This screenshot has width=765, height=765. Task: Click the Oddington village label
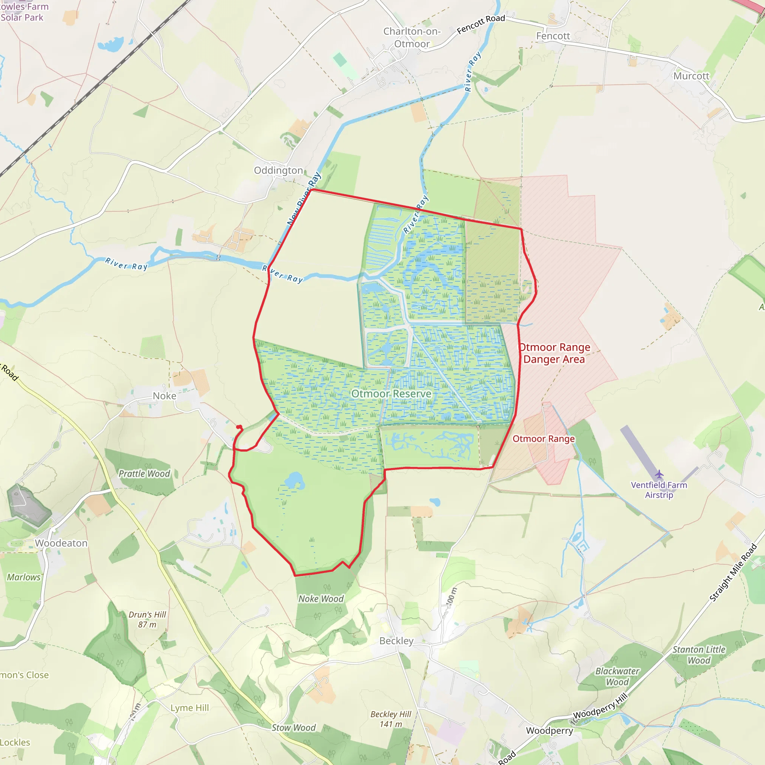[x=278, y=170]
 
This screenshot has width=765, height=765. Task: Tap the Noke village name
[x=164, y=396]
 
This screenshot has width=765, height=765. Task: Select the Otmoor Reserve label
[x=391, y=394]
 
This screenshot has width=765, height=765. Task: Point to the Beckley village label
[x=396, y=641]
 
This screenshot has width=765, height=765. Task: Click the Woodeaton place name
[x=61, y=543]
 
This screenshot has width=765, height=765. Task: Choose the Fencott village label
[x=553, y=36]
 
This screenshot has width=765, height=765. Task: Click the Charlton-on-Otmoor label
[x=412, y=38]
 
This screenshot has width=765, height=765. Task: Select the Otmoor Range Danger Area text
[x=554, y=353]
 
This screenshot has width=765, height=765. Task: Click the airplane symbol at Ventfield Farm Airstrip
[x=659, y=474]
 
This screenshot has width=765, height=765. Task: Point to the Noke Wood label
[x=321, y=599]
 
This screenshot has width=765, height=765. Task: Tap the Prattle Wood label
[x=144, y=474]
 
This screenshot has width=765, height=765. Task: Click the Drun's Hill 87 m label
[x=147, y=620]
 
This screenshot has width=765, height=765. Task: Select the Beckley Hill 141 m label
[x=391, y=719]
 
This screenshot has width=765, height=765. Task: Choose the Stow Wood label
[x=293, y=727]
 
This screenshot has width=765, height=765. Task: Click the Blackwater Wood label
[x=617, y=676]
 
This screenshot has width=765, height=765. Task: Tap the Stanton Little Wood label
[x=699, y=654]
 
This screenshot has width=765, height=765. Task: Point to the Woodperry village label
[x=549, y=731]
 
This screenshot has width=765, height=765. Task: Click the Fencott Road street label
[x=481, y=24]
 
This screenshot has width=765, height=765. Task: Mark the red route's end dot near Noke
[x=239, y=427]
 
